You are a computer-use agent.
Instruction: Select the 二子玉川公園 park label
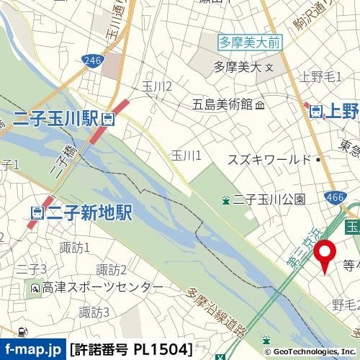[264, 199]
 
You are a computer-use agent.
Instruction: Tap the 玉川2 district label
[156, 87]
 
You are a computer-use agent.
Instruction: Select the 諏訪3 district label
[94, 312]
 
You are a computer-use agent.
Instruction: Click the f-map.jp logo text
[33, 350]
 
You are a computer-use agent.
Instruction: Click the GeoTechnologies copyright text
[311, 351]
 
